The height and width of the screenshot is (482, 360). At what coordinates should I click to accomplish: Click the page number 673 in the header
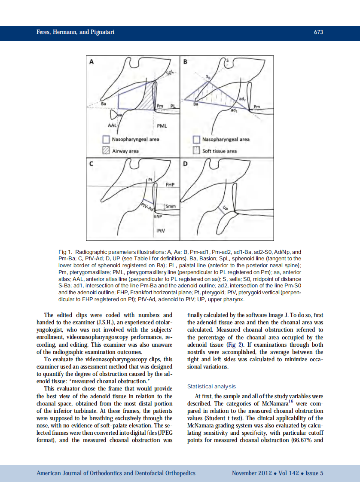(318, 32)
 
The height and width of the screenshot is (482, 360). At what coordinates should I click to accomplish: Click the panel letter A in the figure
(92, 62)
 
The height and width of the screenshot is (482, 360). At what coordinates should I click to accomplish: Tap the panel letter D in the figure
(185, 164)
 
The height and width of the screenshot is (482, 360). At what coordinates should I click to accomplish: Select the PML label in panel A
(162, 126)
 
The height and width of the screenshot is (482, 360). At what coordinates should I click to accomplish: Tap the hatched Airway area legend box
(106, 151)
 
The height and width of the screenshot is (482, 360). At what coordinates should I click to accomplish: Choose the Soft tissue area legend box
(196, 151)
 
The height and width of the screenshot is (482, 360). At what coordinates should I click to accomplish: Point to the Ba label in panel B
(196, 104)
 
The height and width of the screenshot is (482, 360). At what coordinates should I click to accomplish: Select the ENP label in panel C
(158, 216)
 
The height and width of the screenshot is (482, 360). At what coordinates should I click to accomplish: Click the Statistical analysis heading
(211, 387)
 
